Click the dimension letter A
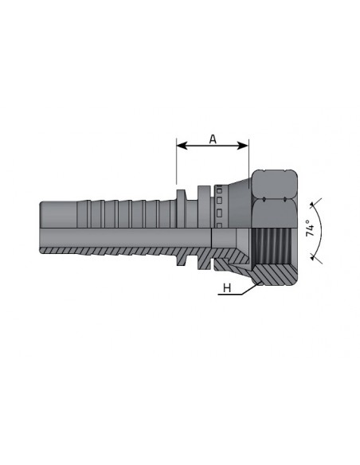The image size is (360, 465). pyautogui.click(x=213, y=139)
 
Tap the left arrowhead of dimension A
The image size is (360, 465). pyautogui.click(x=182, y=145)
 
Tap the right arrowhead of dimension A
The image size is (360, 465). pyautogui.click(x=243, y=145)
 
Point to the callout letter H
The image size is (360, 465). pyautogui.click(x=227, y=287)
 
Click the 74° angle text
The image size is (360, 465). pyautogui.click(x=310, y=228)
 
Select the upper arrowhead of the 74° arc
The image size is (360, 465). pyautogui.click(x=312, y=205)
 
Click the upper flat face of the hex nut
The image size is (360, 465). pyautogui.click(x=274, y=184)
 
